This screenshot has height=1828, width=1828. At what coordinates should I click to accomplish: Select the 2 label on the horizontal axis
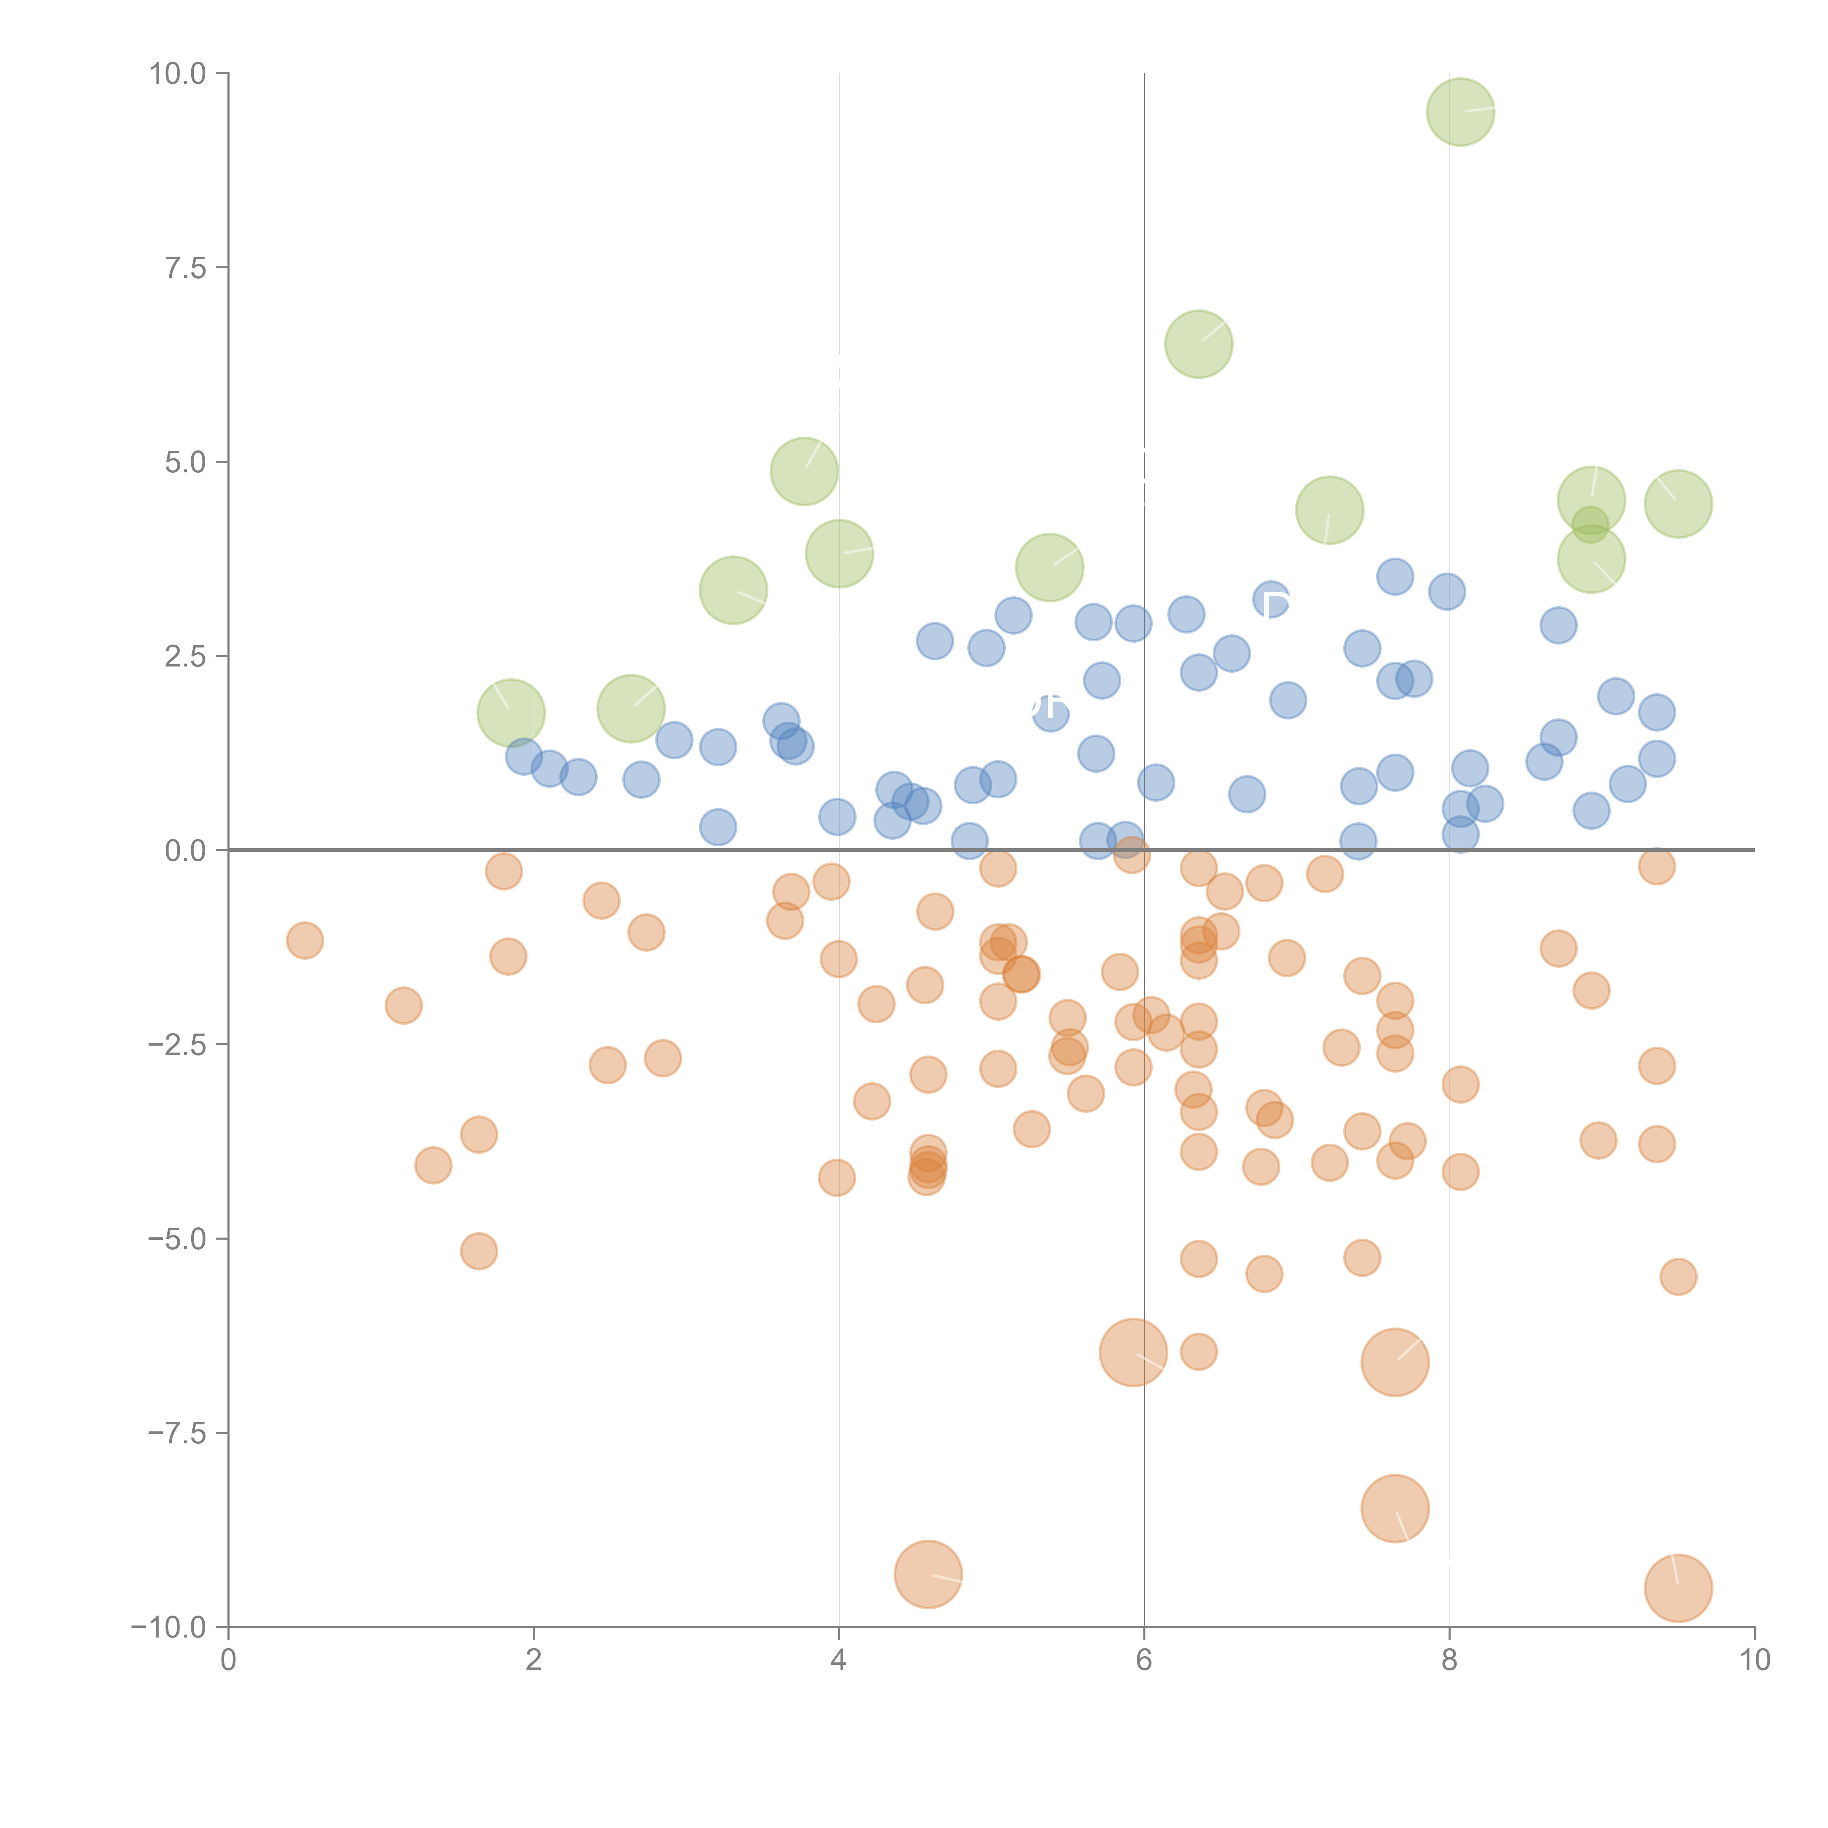click(x=534, y=1661)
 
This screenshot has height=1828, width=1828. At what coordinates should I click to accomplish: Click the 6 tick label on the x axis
click(x=1144, y=1661)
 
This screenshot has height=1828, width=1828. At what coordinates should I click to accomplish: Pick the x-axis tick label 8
click(x=1450, y=1661)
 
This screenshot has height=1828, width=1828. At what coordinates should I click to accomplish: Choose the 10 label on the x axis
click(x=1754, y=1661)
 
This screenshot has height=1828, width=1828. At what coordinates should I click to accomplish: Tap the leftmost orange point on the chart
click(x=305, y=940)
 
